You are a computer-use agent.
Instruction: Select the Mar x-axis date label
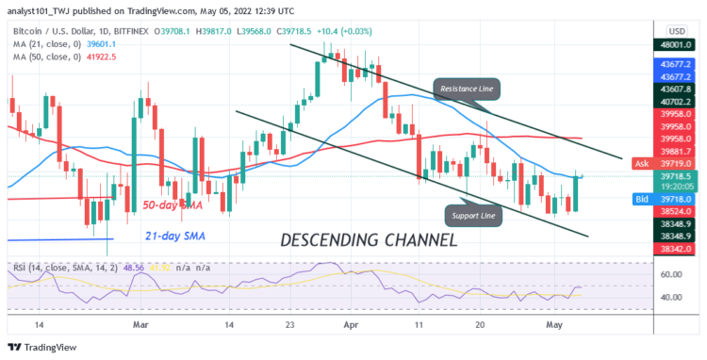tap(140, 324)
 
